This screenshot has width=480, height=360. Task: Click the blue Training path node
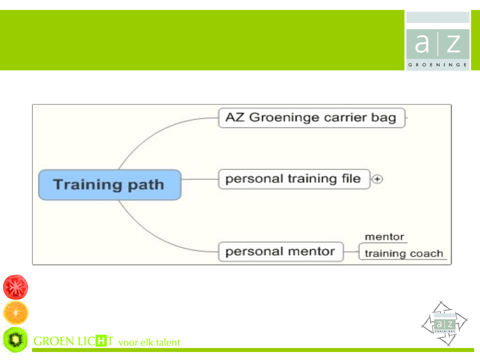click(110, 185)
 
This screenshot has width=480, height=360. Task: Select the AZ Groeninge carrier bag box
click(312, 118)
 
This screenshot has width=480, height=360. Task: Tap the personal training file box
click(294, 179)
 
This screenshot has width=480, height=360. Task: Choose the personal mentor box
click(281, 252)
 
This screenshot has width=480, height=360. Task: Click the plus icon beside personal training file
click(377, 179)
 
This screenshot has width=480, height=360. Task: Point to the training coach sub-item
click(404, 253)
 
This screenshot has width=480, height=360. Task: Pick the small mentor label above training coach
click(384, 236)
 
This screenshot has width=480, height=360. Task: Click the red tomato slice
click(16, 287)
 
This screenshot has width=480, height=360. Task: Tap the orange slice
click(16, 312)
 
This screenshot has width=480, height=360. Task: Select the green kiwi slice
click(16, 340)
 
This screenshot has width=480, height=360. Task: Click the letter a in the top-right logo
click(422, 43)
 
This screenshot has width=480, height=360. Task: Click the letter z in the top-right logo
click(454, 44)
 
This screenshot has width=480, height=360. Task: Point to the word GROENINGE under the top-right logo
click(437, 65)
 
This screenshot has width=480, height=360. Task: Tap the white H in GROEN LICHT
click(101, 341)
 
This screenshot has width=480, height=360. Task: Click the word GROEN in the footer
click(54, 341)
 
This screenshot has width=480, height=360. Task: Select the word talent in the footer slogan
click(168, 342)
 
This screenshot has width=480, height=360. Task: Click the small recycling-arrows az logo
click(444, 324)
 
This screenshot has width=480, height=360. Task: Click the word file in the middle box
click(351, 178)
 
